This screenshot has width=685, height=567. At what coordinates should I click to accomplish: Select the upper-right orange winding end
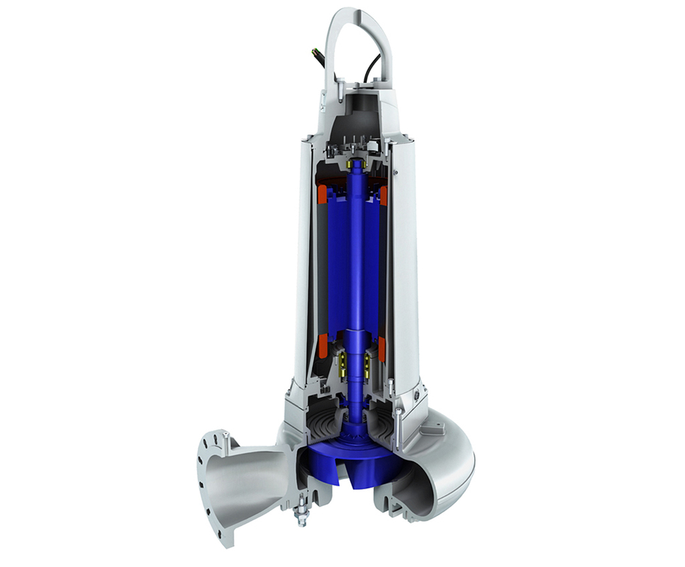click(x=384, y=195)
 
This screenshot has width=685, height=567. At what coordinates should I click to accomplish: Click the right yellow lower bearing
click(x=367, y=363)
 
